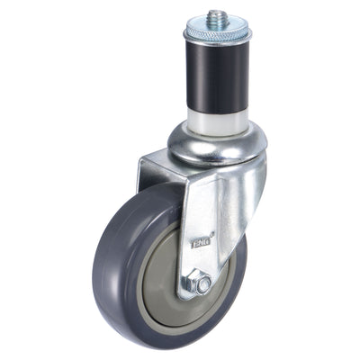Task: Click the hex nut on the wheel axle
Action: pos(204,283)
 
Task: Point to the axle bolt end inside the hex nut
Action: pos(205,284)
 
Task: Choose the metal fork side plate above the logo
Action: pos(211,193)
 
